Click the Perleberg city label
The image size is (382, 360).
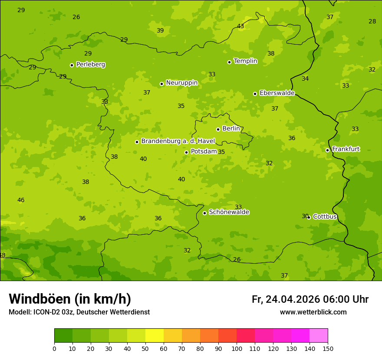pyautogui.click(x=90, y=65)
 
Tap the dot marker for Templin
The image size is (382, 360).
pyautogui.click(x=229, y=62)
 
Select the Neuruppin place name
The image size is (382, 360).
pyautogui.click(x=181, y=83)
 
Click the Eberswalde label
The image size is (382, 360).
pyautogui.click(x=277, y=93)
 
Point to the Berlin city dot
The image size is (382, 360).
pyautogui.click(x=218, y=129)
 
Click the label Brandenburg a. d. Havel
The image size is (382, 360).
pyautogui.click(x=178, y=141)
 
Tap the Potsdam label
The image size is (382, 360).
pyautogui.click(x=204, y=151)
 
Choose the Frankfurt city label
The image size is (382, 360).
pyautogui.click(x=346, y=149)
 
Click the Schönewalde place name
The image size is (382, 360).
pyautogui.click(x=229, y=212)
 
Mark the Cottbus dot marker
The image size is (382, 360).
pyautogui.click(x=309, y=217)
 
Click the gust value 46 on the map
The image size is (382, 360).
pyautogui.click(x=21, y=200)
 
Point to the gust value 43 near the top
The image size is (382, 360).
pyautogui.click(x=240, y=26)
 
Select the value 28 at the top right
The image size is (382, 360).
pyautogui.click(x=372, y=21)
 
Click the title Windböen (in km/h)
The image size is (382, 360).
pyautogui.click(x=70, y=299)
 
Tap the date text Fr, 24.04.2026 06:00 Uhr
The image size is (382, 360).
pyautogui.click(x=310, y=299)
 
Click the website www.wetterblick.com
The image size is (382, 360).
pyautogui.click(x=313, y=312)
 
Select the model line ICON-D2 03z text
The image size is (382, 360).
pyautogui.click(x=79, y=312)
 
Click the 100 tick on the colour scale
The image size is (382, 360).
pyautogui.click(x=237, y=348)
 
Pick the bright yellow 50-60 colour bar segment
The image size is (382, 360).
pyautogui.click(x=155, y=336)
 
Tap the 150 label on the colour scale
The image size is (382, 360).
pyautogui.click(x=328, y=348)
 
